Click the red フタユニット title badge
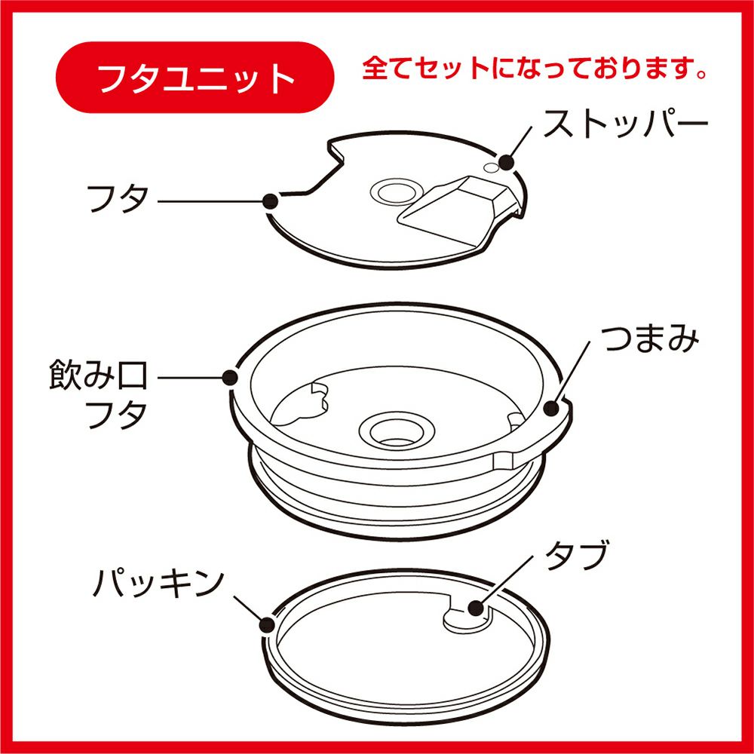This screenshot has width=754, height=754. click(195, 78)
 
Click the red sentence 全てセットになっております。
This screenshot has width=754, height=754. click(535, 69)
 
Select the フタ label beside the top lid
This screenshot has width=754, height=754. click(118, 199)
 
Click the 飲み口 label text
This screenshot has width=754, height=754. click(98, 375)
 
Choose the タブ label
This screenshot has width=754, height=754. click(577, 554)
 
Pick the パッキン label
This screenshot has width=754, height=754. click(158, 583)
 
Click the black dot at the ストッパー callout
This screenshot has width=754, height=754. click(507, 163)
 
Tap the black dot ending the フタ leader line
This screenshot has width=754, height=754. click(271, 201)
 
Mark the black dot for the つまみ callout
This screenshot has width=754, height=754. click(552, 408)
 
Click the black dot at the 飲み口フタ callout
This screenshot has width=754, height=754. click(231, 378)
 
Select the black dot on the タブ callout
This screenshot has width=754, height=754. click(477, 608)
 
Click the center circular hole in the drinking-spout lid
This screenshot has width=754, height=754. click(397, 431)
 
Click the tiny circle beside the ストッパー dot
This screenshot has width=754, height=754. click(491, 167)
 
